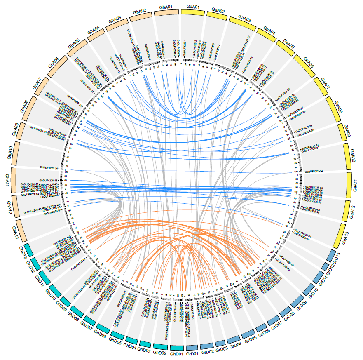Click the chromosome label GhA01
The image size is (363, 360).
[x=167, y=7]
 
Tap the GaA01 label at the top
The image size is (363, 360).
[x=193, y=7]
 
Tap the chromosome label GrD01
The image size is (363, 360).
[x=192, y=354]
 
